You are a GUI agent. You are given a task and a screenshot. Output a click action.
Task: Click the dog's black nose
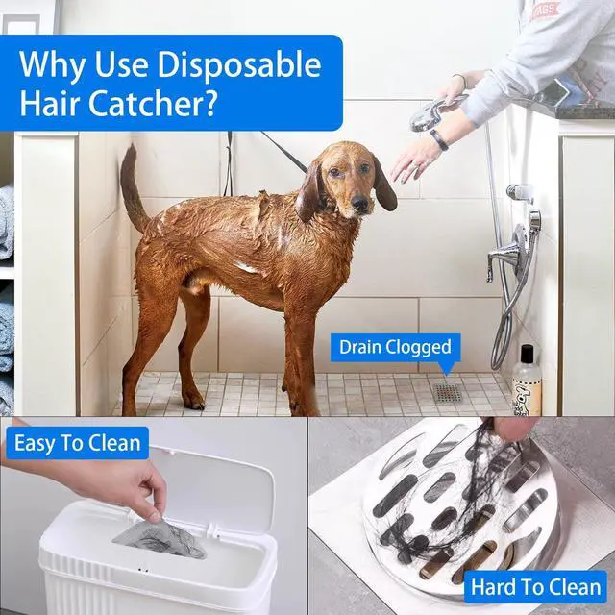click(359, 203)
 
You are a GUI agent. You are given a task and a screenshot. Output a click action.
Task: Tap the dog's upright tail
click(133, 188)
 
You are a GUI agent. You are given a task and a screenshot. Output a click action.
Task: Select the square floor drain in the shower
click(448, 393)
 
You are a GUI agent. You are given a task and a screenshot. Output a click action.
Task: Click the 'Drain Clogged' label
click(395, 348)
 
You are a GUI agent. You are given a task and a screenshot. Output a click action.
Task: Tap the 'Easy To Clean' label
click(77, 443)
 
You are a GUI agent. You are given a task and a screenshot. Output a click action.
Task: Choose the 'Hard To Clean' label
click(536, 587)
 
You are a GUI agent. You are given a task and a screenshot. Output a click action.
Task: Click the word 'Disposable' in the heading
click(239, 64)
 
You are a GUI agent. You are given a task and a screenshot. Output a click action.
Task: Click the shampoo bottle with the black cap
click(527, 381)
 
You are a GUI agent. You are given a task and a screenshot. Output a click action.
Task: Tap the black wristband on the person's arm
click(438, 140)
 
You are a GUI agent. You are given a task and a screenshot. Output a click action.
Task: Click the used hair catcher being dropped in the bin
click(160, 538)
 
